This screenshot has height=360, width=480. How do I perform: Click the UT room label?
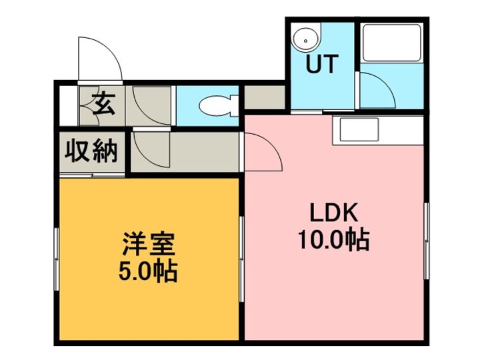pos(321,65)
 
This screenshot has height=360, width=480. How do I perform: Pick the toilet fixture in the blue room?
pos(216,105)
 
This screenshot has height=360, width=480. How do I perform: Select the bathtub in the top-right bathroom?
pos(391,43)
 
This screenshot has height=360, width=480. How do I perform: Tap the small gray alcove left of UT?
pos(264,97)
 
